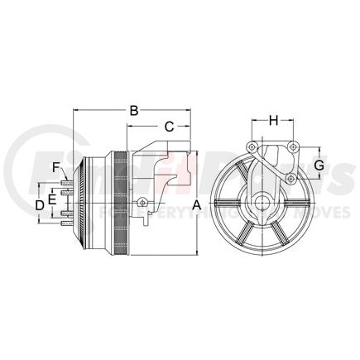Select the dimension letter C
click(168, 127)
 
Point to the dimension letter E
click(51, 199)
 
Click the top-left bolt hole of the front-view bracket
click(255, 149)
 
